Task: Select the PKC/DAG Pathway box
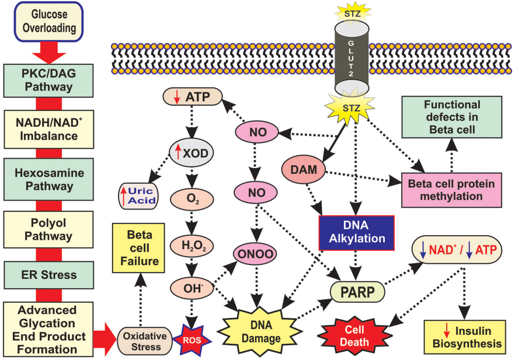tap(44, 79)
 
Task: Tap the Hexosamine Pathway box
tap(44, 179)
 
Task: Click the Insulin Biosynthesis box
tap(464, 338)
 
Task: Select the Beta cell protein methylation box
tap(452, 190)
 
